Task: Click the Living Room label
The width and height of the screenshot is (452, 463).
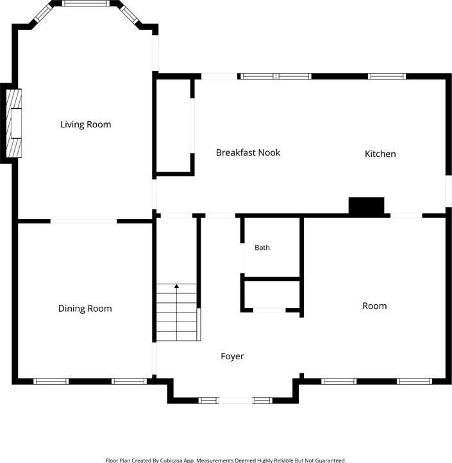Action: [x=86, y=125]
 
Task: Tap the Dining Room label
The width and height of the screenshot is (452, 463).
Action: [x=85, y=309]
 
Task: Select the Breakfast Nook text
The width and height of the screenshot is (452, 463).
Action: [x=248, y=152]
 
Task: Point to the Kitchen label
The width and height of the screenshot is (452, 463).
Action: [x=380, y=154]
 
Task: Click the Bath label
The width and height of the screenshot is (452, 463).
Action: [x=262, y=247]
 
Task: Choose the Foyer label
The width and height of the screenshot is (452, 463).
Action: [x=232, y=357]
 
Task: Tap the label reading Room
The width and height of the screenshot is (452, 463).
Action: [x=374, y=306]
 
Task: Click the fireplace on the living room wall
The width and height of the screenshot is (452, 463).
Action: [x=14, y=123]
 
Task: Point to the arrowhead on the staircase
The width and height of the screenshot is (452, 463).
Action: [x=176, y=286]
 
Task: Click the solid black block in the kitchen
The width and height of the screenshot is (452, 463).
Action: [x=367, y=206]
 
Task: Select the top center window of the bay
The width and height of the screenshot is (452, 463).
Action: [x=85, y=3]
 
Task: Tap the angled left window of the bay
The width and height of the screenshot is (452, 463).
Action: [x=43, y=13]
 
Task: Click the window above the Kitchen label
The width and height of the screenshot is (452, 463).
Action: [x=387, y=76]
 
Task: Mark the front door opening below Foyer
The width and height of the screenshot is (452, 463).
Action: [x=235, y=401]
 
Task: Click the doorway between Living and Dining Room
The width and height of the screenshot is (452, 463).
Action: [x=83, y=221]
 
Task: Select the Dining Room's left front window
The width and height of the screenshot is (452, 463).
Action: [x=51, y=382]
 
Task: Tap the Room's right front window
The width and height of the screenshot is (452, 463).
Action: [x=414, y=382]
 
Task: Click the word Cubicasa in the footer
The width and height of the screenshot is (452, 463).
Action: [x=171, y=460]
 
